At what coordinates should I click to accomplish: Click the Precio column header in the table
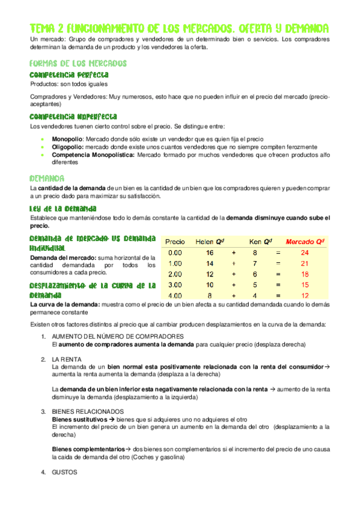(x=175, y=241)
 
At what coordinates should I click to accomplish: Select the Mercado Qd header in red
(x=305, y=241)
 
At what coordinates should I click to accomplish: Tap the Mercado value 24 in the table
(x=305, y=253)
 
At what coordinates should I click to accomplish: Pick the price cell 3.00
(x=175, y=284)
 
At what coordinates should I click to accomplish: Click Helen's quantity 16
(x=209, y=253)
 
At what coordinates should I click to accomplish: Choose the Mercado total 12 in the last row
(x=305, y=295)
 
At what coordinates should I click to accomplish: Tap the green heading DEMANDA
(x=47, y=179)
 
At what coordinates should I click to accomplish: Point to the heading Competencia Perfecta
(x=69, y=74)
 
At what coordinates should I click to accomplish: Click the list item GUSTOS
(x=64, y=472)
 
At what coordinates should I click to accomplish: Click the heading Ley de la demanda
(x=63, y=208)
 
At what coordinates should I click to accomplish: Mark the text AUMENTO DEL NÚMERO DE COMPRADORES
(x=117, y=336)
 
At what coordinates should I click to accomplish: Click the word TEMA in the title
(x=43, y=28)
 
